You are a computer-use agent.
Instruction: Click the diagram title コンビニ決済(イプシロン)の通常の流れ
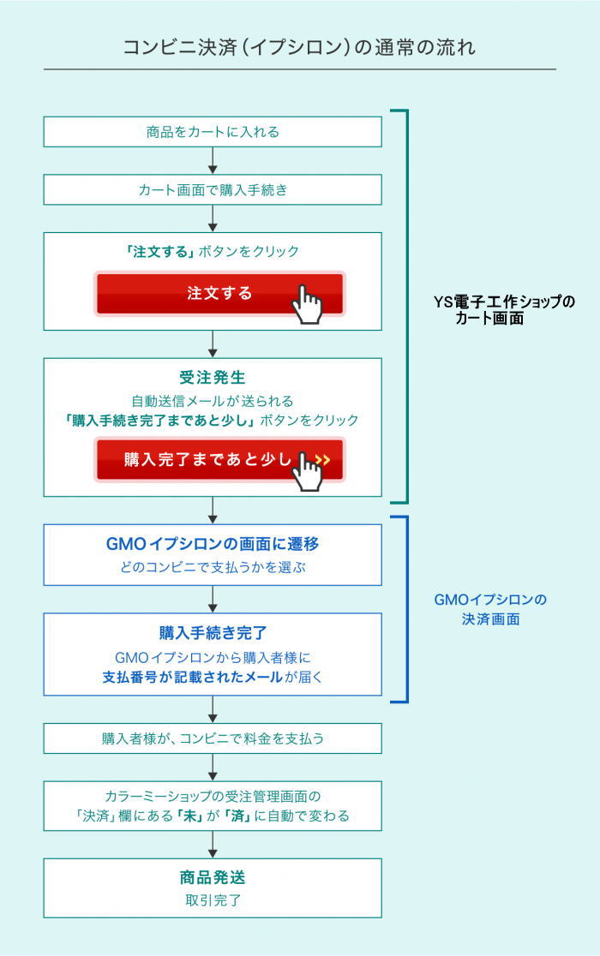point(299,48)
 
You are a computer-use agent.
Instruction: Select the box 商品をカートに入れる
point(213,132)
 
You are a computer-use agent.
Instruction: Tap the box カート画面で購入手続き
point(213,189)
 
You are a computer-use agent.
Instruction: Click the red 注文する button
point(219,293)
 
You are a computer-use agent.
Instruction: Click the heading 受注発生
point(213,378)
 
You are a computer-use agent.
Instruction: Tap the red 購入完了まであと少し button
point(219,459)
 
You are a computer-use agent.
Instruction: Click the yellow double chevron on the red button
point(322,460)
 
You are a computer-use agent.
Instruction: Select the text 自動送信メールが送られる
point(213,401)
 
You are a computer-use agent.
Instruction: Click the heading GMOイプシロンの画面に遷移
point(213,544)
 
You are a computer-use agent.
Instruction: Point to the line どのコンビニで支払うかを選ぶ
point(213,567)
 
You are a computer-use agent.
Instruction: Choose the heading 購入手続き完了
point(213,633)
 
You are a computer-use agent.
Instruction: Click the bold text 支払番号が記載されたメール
point(192,677)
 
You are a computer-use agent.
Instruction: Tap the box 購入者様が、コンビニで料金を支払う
point(213,738)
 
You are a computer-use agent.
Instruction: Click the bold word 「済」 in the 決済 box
point(237,816)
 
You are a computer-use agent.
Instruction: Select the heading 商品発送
point(213,877)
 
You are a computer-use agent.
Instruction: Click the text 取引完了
point(213,900)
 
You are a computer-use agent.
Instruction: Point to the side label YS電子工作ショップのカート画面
point(504,310)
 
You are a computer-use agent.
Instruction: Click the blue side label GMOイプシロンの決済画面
point(490,609)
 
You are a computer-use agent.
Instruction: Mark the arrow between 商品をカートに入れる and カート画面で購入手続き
point(213,160)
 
